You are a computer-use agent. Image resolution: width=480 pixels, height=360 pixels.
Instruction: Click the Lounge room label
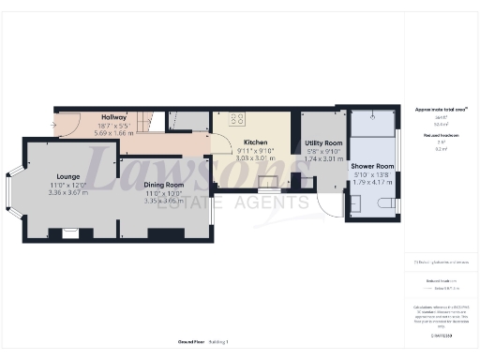[x=67, y=175]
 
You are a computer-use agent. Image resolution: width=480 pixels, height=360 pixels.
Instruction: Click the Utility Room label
[x=324, y=142]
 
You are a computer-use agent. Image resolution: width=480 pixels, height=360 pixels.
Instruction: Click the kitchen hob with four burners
[x=236, y=119]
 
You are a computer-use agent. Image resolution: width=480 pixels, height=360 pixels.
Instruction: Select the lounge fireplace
[x=68, y=231]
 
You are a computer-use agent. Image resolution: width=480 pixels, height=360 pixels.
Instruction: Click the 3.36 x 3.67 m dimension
[x=67, y=192]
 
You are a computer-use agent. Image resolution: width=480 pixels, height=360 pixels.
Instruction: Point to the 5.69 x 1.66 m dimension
[x=113, y=133]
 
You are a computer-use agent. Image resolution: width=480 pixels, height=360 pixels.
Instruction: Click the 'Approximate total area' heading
[x=441, y=110]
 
